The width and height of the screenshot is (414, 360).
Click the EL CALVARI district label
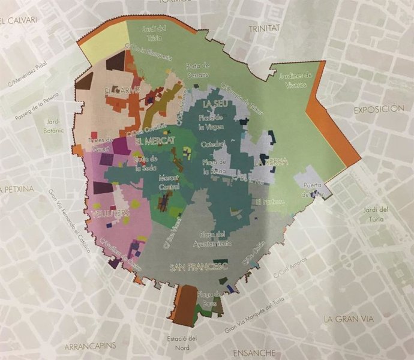coord(19,20)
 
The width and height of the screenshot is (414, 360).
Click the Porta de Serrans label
coord(197,69)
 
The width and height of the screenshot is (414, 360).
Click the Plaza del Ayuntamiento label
coord(212,239)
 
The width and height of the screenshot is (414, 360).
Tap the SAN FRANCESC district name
coord(199,267)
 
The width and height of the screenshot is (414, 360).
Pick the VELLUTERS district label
coord(109,214)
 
